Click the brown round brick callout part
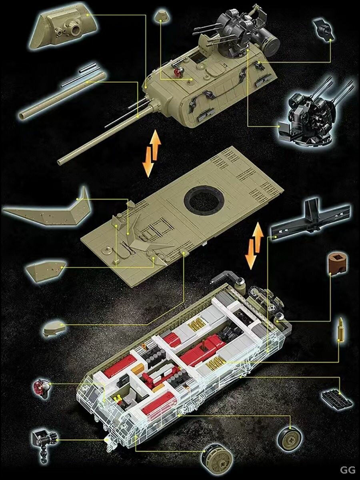338,264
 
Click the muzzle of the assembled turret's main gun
59,162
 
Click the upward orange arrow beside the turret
156,145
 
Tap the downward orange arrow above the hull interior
251,254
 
